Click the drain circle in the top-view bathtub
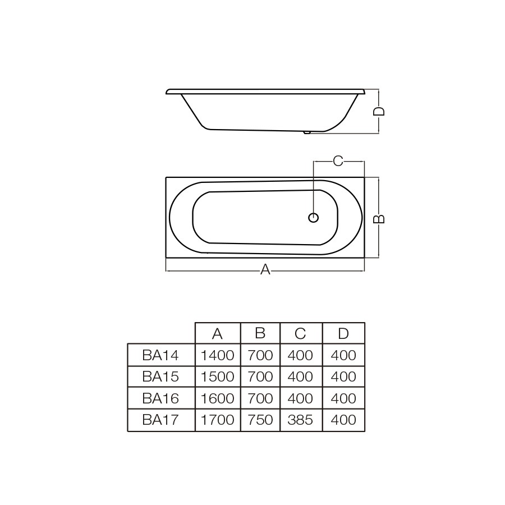point(313,218)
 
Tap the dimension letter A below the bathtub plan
point(265,269)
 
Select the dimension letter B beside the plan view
point(379,219)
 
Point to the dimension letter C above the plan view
point(338,160)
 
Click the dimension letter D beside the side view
point(379,111)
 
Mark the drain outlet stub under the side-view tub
point(307,132)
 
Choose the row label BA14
point(160,355)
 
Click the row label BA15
point(160,377)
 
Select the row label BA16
point(160,398)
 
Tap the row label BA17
point(160,420)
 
